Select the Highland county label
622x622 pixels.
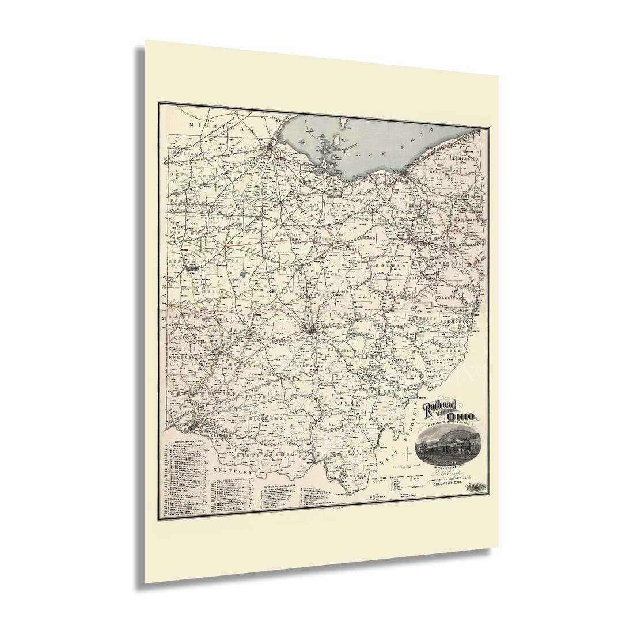[x=269, y=418]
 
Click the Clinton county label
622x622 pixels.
[x=255, y=396]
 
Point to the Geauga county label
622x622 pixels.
[x=441, y=172]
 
